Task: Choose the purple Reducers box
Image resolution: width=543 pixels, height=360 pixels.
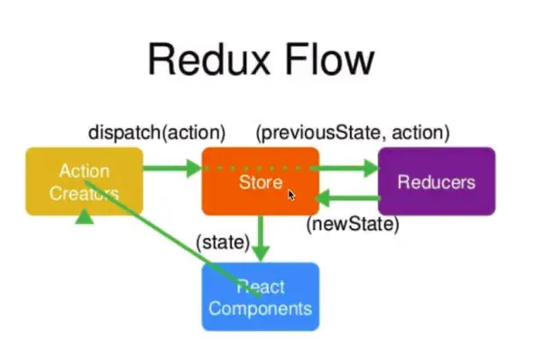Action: click(437, 181)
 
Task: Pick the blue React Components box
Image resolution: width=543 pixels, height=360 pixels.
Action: click(260, 297)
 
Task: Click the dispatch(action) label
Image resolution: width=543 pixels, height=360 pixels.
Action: click(157, 133)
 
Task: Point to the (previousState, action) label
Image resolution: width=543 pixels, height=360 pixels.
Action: click(353, 133)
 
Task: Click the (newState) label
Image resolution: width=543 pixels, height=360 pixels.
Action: click(353, 224)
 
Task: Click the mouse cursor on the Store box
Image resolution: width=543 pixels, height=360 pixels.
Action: click(291, 194)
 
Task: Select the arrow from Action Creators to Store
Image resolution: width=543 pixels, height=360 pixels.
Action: click(171, 168)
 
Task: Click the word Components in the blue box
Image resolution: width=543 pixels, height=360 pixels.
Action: click(261, 309)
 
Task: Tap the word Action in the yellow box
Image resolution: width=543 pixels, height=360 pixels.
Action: click(84, 171)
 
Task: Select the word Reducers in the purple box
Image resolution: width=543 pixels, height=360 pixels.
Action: click(437, 182)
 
